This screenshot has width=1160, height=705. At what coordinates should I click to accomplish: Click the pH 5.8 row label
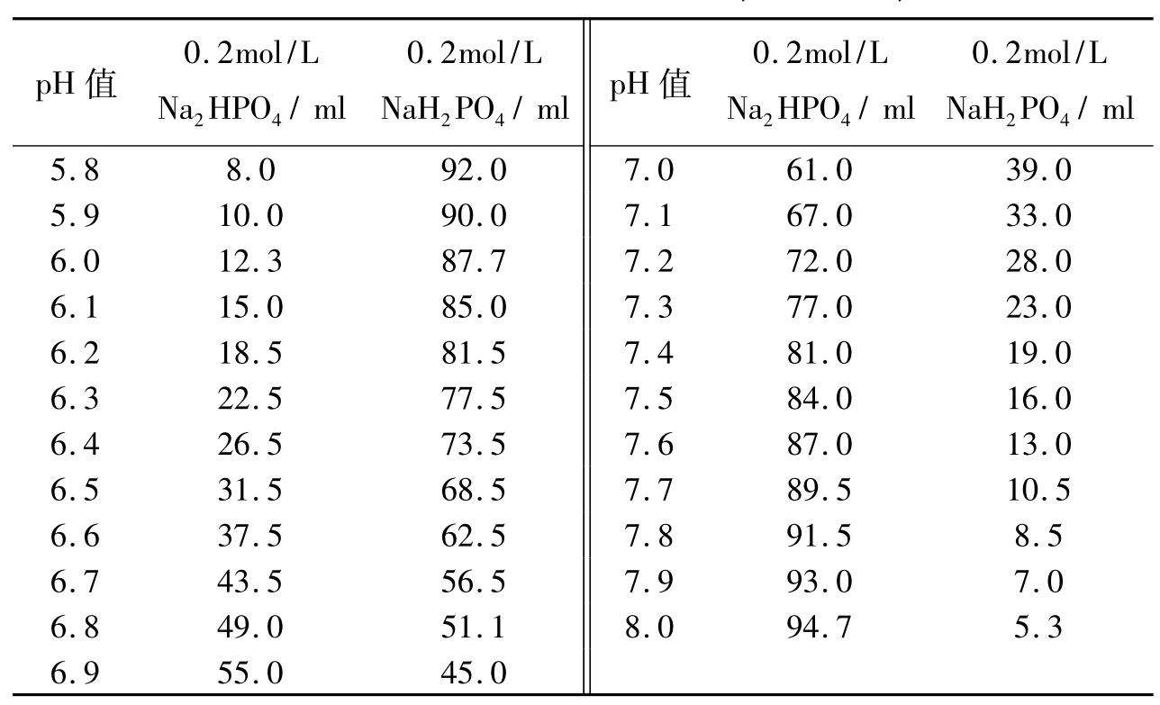coord(75,170)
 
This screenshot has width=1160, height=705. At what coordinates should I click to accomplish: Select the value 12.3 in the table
coord(250,261)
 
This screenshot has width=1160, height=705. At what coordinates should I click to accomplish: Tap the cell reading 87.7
coord(474,261)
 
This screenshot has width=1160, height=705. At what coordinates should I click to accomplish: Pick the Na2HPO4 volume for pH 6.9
coord(250,673)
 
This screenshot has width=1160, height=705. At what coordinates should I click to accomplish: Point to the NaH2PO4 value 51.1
coord(474,628)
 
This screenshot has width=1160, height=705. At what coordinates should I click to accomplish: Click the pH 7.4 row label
coord(648,353)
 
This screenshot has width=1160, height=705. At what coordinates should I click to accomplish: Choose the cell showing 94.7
coord(819,628)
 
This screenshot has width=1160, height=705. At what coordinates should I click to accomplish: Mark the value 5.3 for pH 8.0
coord(1038,628)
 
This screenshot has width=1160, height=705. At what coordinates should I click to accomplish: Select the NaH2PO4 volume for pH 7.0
coord(1038,170)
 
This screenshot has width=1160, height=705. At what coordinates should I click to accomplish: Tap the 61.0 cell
coord(819,170)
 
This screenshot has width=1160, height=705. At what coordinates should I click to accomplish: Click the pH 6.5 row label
coord(75,490)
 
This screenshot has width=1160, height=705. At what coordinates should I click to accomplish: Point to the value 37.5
coord(250,535)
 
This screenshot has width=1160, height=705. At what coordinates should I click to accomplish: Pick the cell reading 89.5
coord(819,490)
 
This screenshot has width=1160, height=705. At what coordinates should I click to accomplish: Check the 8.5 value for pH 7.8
coord(1038,535)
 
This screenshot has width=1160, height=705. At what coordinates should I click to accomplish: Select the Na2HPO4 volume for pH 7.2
coord(819,261)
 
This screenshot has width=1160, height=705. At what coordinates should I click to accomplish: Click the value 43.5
coord(250,582)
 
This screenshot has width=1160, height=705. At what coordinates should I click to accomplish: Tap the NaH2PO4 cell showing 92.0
coord(474,170)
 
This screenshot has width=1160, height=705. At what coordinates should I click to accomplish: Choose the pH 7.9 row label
coord(648,582)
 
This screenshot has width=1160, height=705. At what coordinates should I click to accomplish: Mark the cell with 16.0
coord(1038,399)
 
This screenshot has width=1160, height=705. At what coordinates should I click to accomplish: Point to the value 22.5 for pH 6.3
coord(250,399)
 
